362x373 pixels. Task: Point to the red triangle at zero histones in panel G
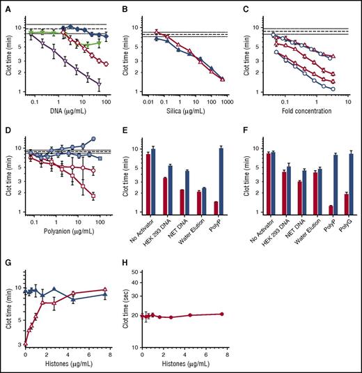(26, 343)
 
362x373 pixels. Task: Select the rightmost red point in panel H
(221, 314)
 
